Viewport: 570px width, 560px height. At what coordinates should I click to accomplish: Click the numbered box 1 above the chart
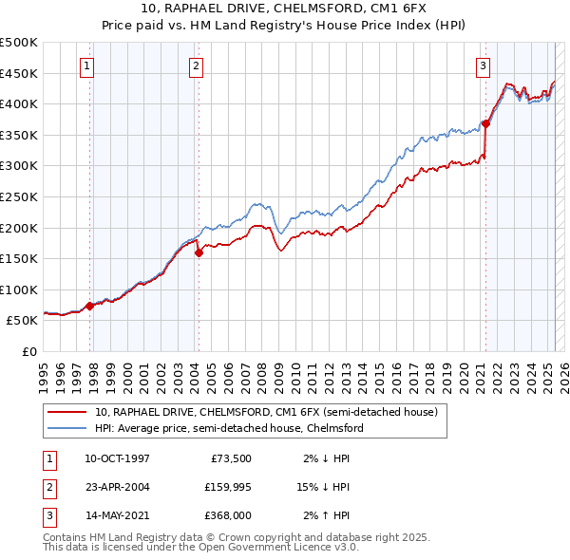pos(86,66)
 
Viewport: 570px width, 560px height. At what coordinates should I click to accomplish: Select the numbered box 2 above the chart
pos(196,66)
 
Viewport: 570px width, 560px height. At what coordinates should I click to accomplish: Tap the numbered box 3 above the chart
pos(483,66)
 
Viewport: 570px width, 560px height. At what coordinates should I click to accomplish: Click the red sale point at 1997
pos(89,306)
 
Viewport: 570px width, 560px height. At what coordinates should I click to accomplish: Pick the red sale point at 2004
pos(199,252)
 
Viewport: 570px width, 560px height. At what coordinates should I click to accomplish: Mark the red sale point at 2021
pos(485,123)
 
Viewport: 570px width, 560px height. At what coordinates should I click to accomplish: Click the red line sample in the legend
pos(66,413)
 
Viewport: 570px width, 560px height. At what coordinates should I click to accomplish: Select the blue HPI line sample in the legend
pos(66,428)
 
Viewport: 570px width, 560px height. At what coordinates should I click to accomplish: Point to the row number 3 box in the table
pos(48,515)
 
